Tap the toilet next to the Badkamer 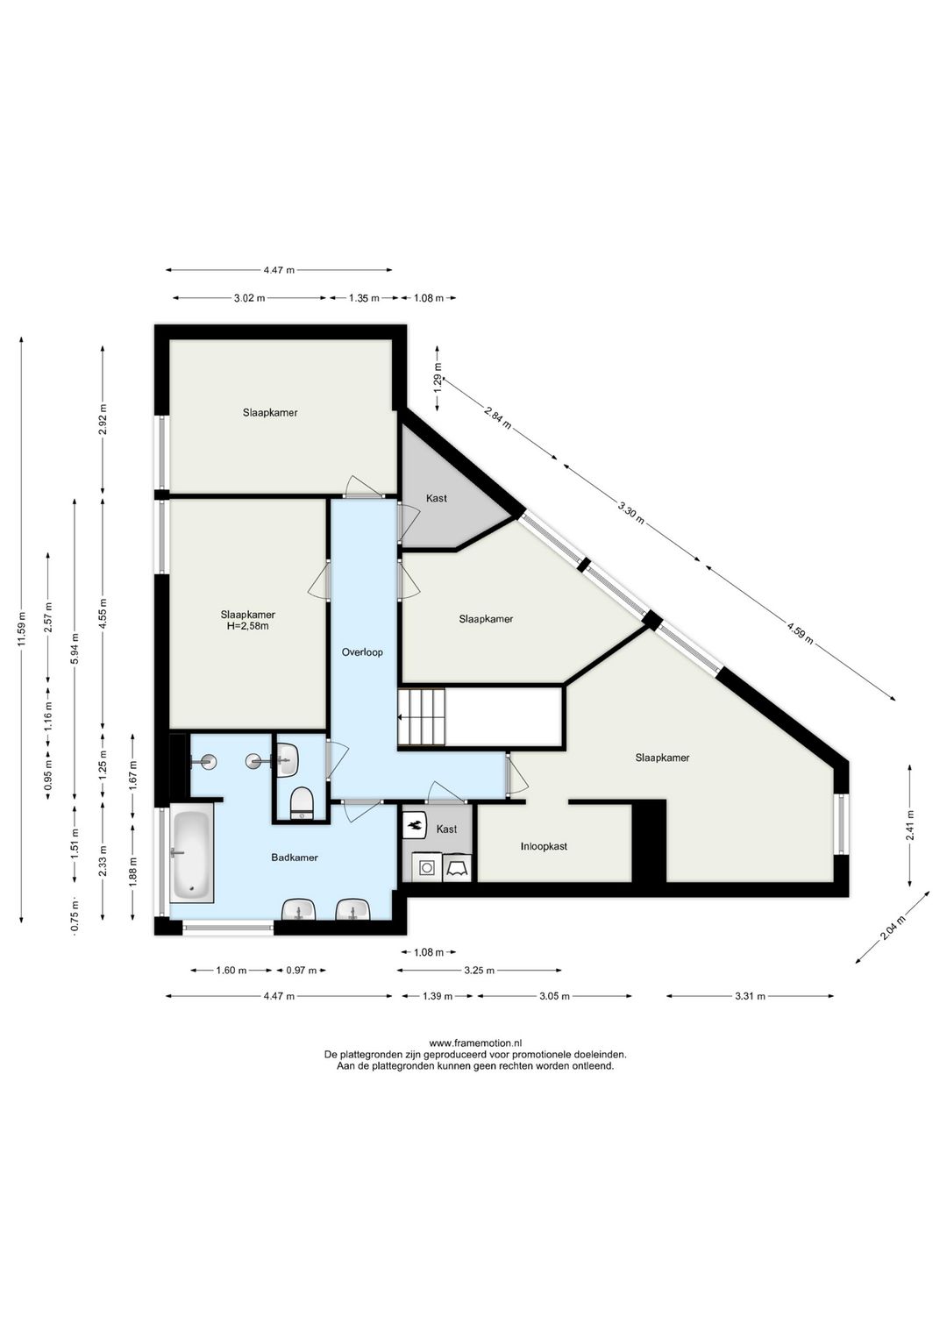point(301,803)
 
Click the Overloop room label point(362,652)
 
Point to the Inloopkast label point(544,846)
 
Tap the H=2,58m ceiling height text point(248,626)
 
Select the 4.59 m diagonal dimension point(801,633)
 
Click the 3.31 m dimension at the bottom point(750,996)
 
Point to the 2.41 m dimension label point(909,825)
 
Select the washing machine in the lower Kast point(427,866)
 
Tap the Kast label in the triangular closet point(436,498)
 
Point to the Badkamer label point(295,858)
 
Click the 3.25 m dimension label point(479,970)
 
